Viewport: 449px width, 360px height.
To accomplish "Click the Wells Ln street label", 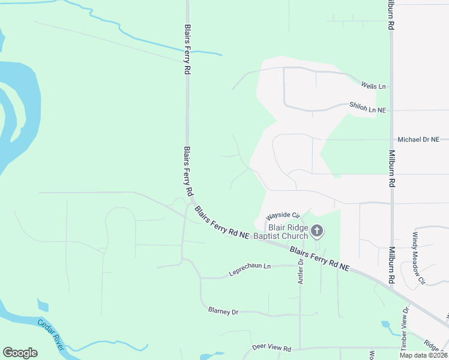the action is tap(373, 86).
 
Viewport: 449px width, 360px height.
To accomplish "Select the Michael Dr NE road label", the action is tap(418, 139).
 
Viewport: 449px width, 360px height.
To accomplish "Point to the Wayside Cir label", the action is tap(282, 215).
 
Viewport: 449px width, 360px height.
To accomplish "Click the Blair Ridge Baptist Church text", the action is tap(288, 232).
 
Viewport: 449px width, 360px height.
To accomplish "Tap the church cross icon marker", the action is tap(317, 230).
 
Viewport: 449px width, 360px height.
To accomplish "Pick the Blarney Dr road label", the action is tap(223, 311).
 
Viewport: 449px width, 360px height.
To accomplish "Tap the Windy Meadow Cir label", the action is tap(418, 258).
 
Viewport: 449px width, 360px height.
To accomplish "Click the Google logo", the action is tap(20, 353).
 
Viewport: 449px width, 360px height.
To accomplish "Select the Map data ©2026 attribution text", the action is tap(423, 355).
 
